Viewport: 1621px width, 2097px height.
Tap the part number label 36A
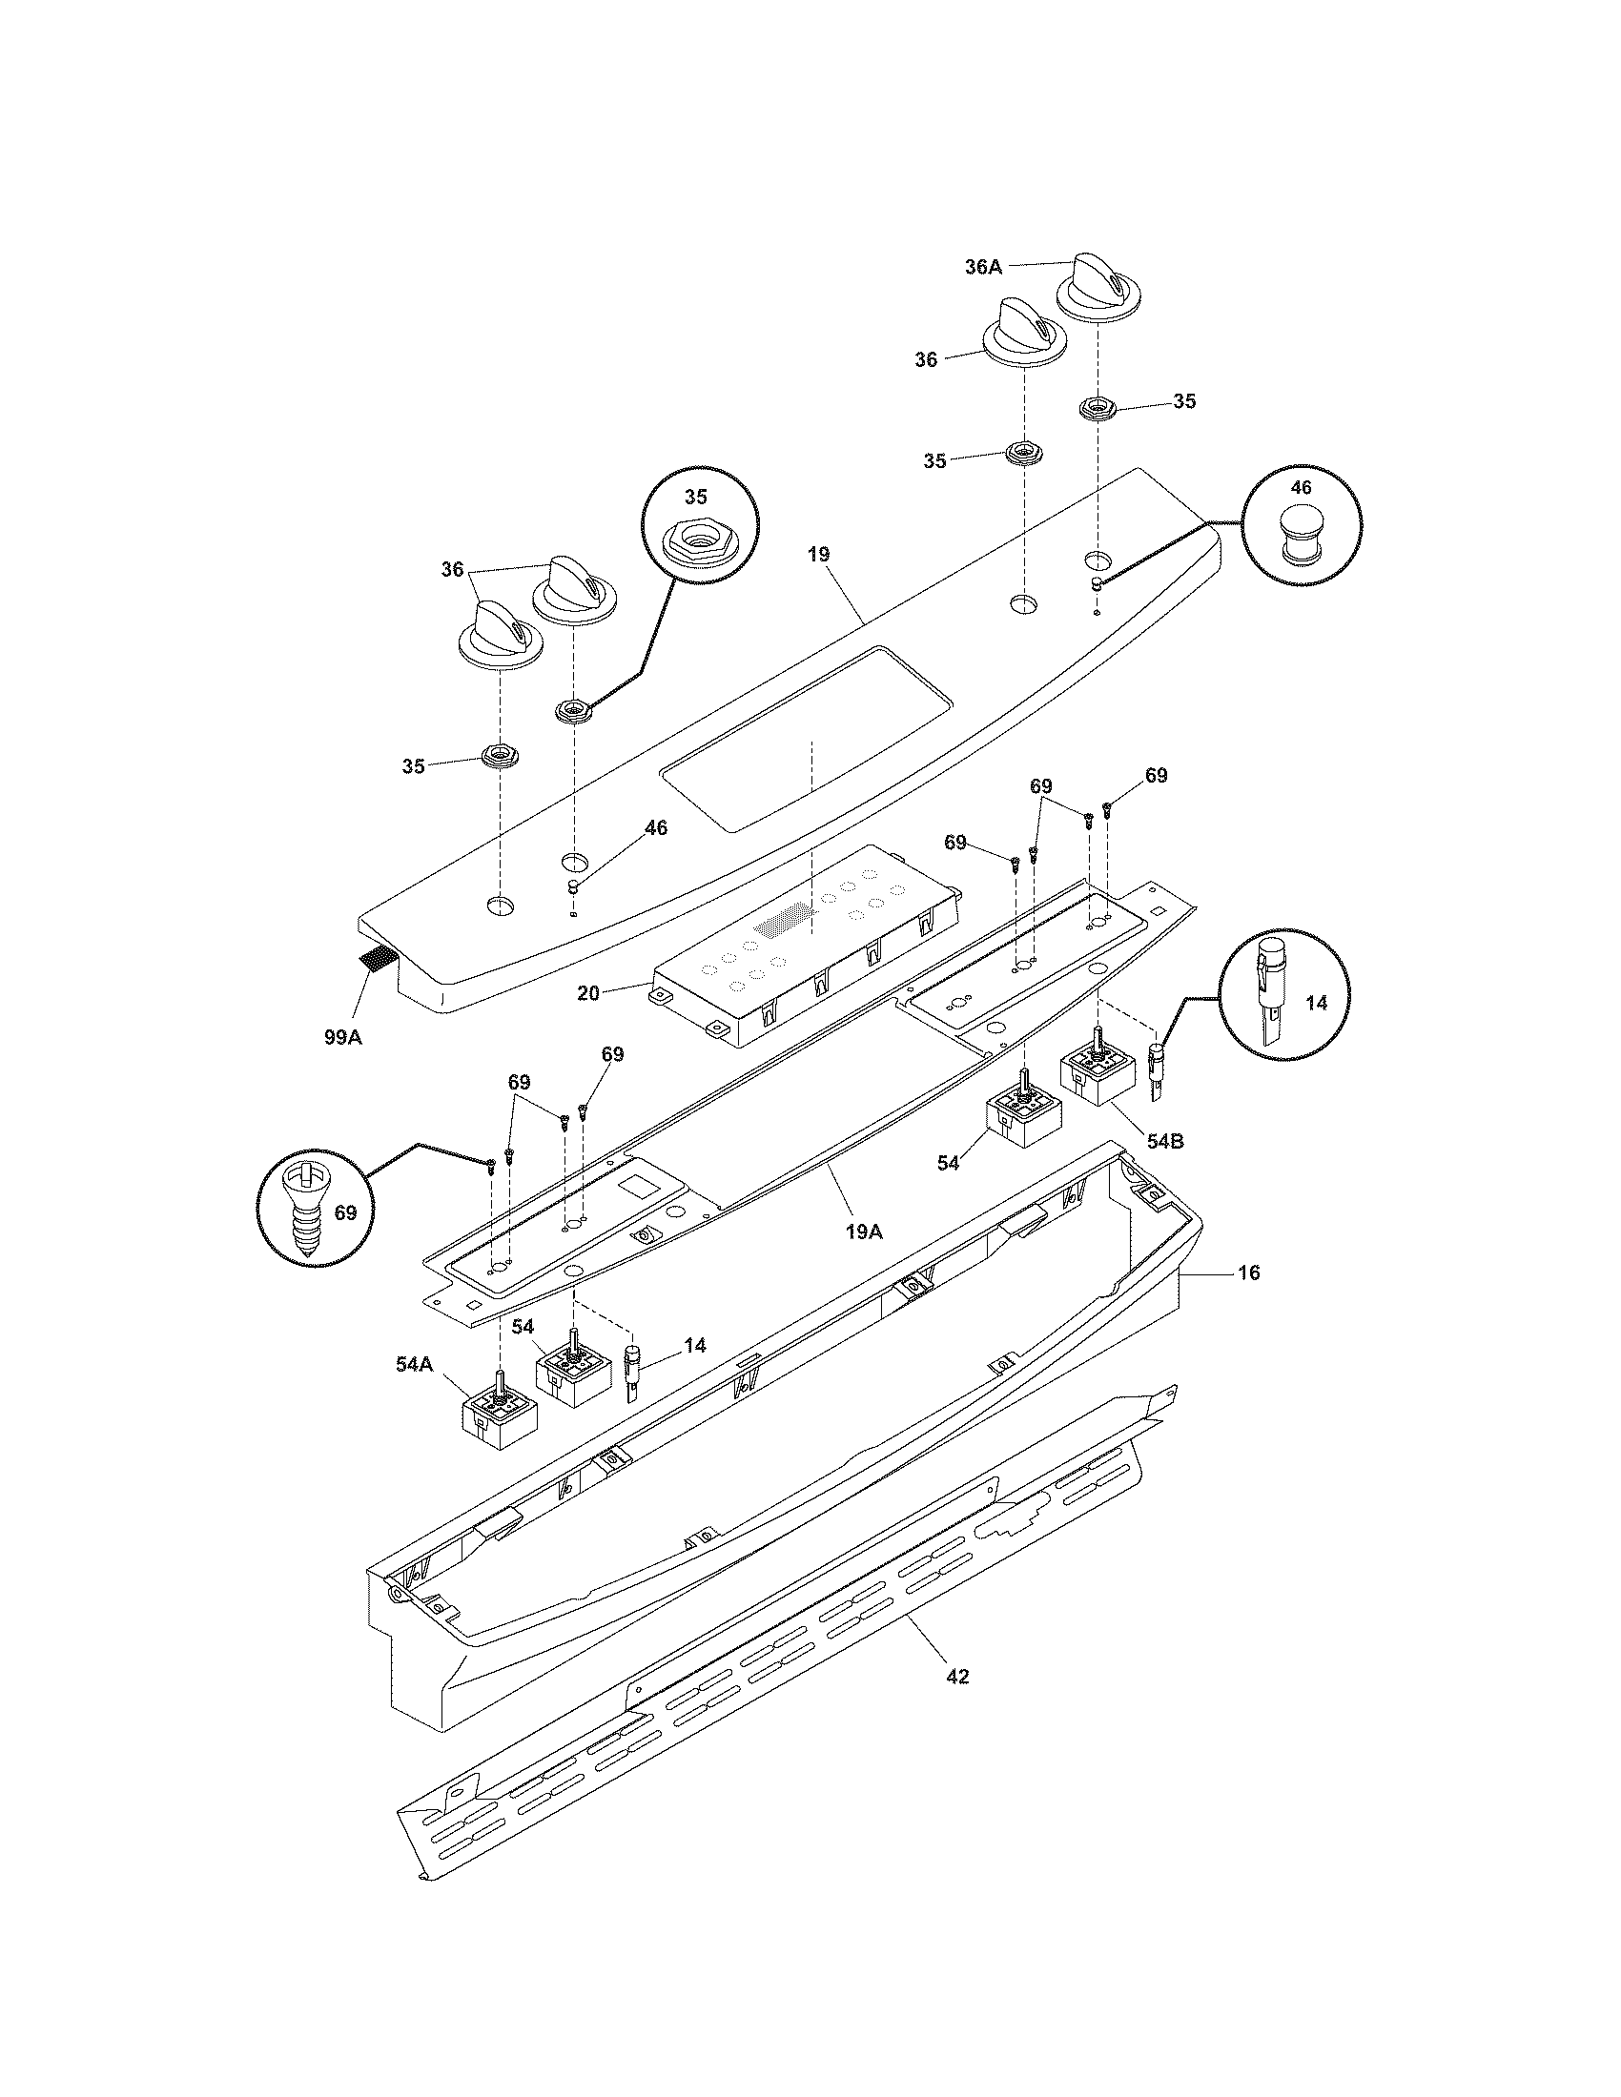[x=983, y=268]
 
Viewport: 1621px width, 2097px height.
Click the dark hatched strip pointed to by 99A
[x=376, y=957]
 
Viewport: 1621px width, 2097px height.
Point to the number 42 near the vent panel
[x=957, y=1678]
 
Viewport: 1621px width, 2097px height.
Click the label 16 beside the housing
[x=1249, y=1273]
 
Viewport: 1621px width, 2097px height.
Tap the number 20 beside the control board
[x=588, y=994]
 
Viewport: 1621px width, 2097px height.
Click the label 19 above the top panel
[x=819, y=555]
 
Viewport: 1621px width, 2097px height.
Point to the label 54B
[x=1164, y=1142]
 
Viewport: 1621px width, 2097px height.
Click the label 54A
[x=415, y=1363]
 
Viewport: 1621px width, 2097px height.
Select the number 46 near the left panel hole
[x=655, y=827]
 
